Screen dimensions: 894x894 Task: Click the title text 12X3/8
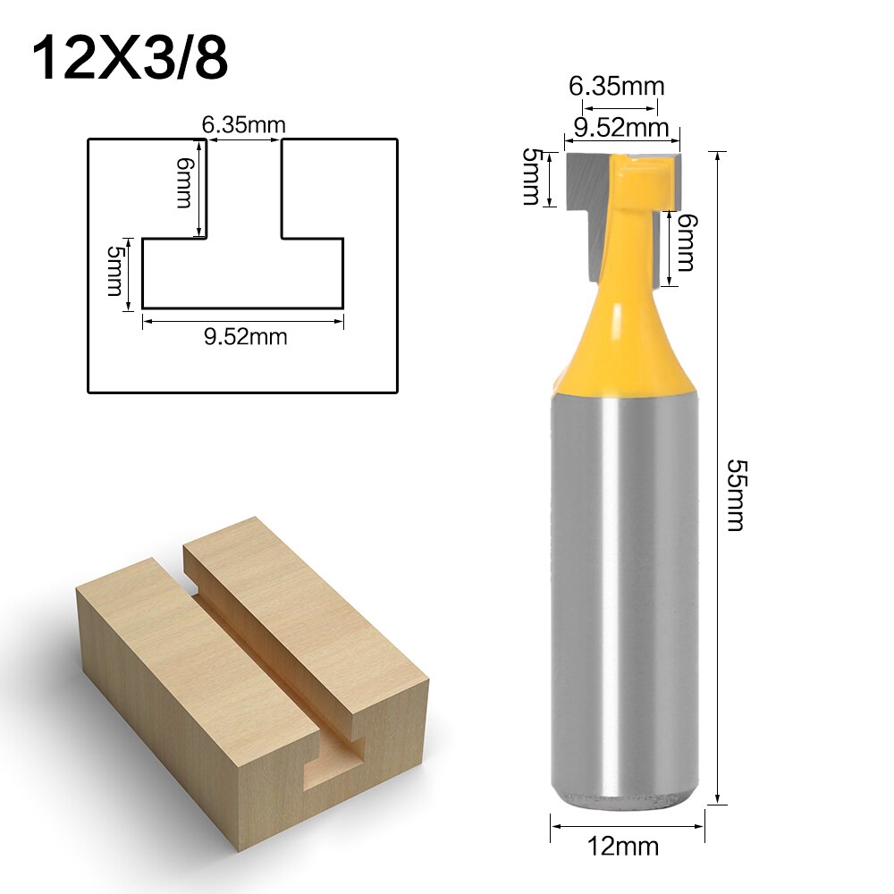pos(131,59)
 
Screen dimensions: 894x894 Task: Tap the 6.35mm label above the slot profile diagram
pos(243,125)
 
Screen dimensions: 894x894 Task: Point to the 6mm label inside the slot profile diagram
pos(183,182)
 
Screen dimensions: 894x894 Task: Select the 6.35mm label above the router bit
pos(617,87)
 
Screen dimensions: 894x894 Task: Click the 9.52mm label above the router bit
pos(620,129)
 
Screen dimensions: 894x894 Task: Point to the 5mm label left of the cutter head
pos(531,177)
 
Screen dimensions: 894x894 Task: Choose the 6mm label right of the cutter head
pos(686,242)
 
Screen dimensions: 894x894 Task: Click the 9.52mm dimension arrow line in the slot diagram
pos(243,320)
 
